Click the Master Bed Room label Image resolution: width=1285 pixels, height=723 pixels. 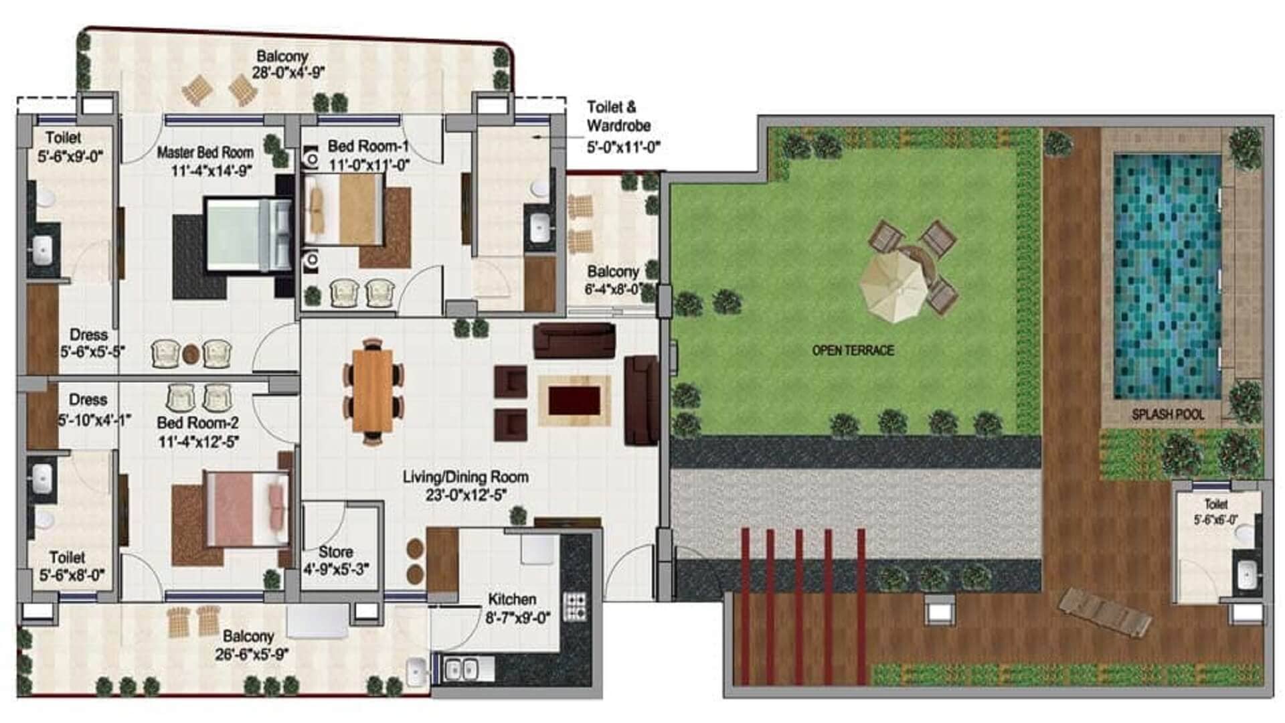pyautogui.click(x=205, y=153)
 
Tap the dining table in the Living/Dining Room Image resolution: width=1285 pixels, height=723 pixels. pyautogui.click(x=373, y=391)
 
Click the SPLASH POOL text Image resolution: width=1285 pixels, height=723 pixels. pyautogui.click(x=1168, y=414)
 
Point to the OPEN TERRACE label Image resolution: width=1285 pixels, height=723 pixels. pyautogui.click(x=853, y=350)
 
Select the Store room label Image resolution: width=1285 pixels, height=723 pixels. pyautogui.click(x=335, y=552)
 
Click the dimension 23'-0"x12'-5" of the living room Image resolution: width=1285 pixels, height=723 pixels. pyautogui.click(x=466, y=495)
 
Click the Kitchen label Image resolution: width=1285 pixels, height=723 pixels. pyautogui.click(x=512, y=599)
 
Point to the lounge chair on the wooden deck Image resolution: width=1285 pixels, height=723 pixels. pyautogui.click(x=1105, y=612)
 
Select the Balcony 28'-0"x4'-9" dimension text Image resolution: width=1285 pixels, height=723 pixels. pyautogui.click(x=288, y=72)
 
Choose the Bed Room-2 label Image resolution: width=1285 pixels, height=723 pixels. pyautogui.click(x=197, y=423)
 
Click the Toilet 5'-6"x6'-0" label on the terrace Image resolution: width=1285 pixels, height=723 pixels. pyautogui.click(x=1216, y=511)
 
